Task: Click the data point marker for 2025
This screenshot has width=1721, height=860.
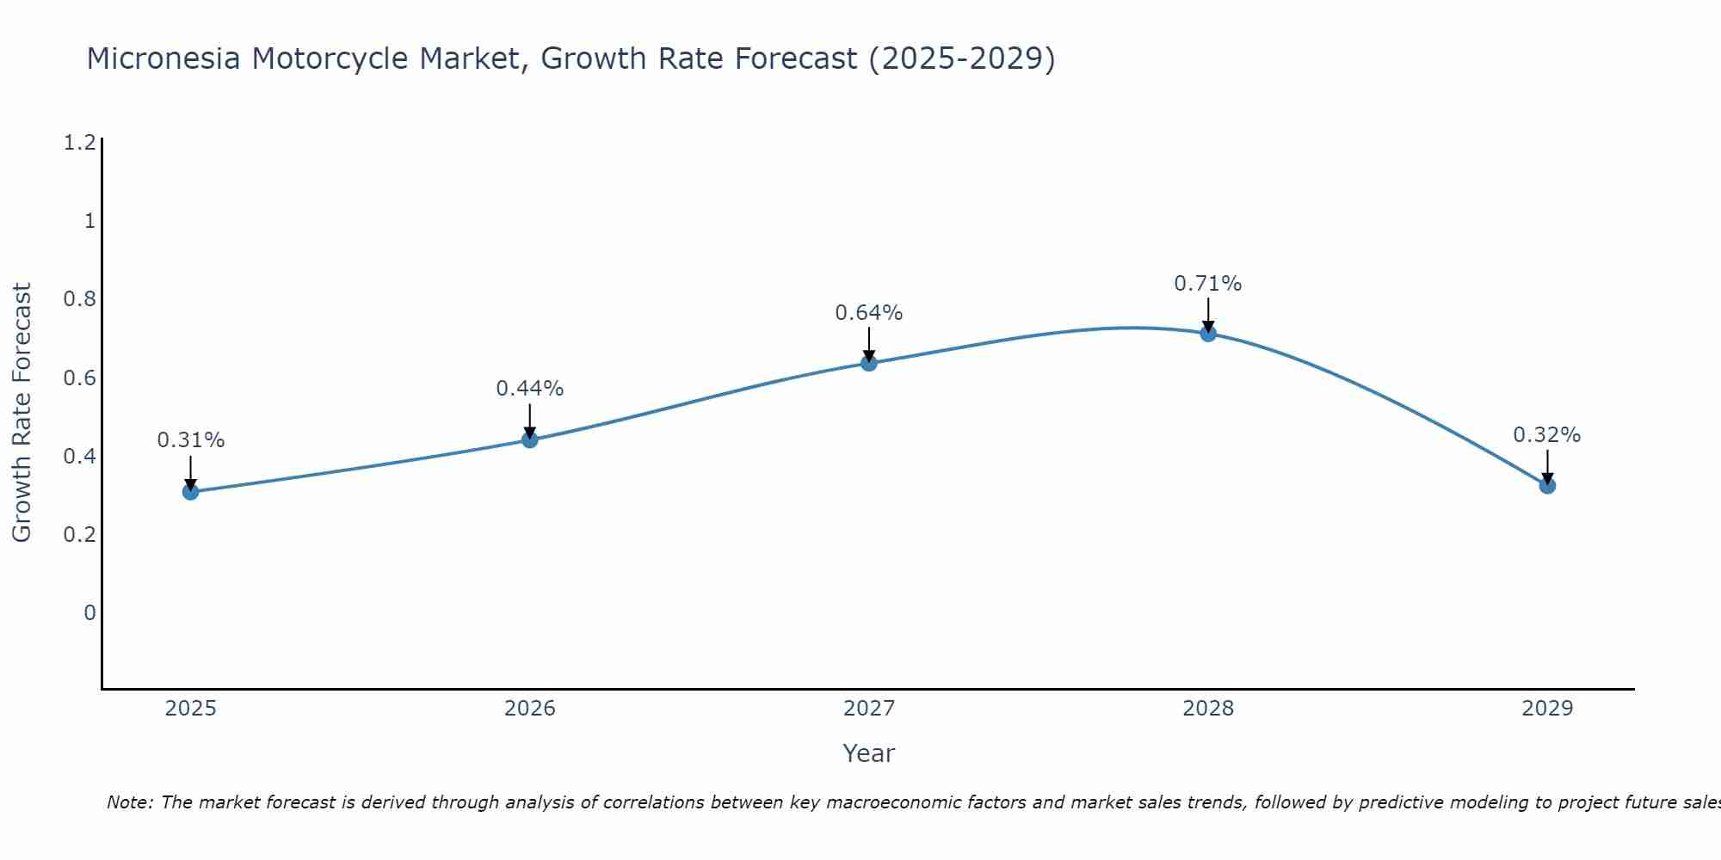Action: click(190, 492)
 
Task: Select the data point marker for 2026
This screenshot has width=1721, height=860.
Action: click(530, 439)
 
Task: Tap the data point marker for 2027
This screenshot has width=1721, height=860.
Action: click(869, 363)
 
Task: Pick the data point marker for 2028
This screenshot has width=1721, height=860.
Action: click(1208, 334)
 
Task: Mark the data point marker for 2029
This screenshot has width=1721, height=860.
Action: click(1547, 486)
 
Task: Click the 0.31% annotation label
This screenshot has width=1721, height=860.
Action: click(190, 440)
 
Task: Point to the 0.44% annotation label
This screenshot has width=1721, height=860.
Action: click(530, 389)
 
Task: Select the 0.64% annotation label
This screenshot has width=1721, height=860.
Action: click(869, 313)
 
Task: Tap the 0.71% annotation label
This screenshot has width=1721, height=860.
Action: click(1208, 284)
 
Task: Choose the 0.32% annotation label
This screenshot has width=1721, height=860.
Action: click(1547, 435)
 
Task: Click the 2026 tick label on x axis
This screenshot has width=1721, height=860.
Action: click(530, 709)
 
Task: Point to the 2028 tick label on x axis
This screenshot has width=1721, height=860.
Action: click(1208, 709)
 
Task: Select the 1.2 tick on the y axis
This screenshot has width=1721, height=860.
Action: click(79, 143)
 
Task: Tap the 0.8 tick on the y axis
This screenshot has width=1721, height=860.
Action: click(79, 299)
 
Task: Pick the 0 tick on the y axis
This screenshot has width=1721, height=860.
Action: click(89, 613)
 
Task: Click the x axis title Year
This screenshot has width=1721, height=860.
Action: click(869, 753)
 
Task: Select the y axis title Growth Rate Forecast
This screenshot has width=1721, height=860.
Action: click(22, 413)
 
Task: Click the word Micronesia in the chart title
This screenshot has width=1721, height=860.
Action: click(162, 58)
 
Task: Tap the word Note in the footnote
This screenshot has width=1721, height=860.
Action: click(129, 802)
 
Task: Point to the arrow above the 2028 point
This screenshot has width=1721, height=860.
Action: click(1208, 314)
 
